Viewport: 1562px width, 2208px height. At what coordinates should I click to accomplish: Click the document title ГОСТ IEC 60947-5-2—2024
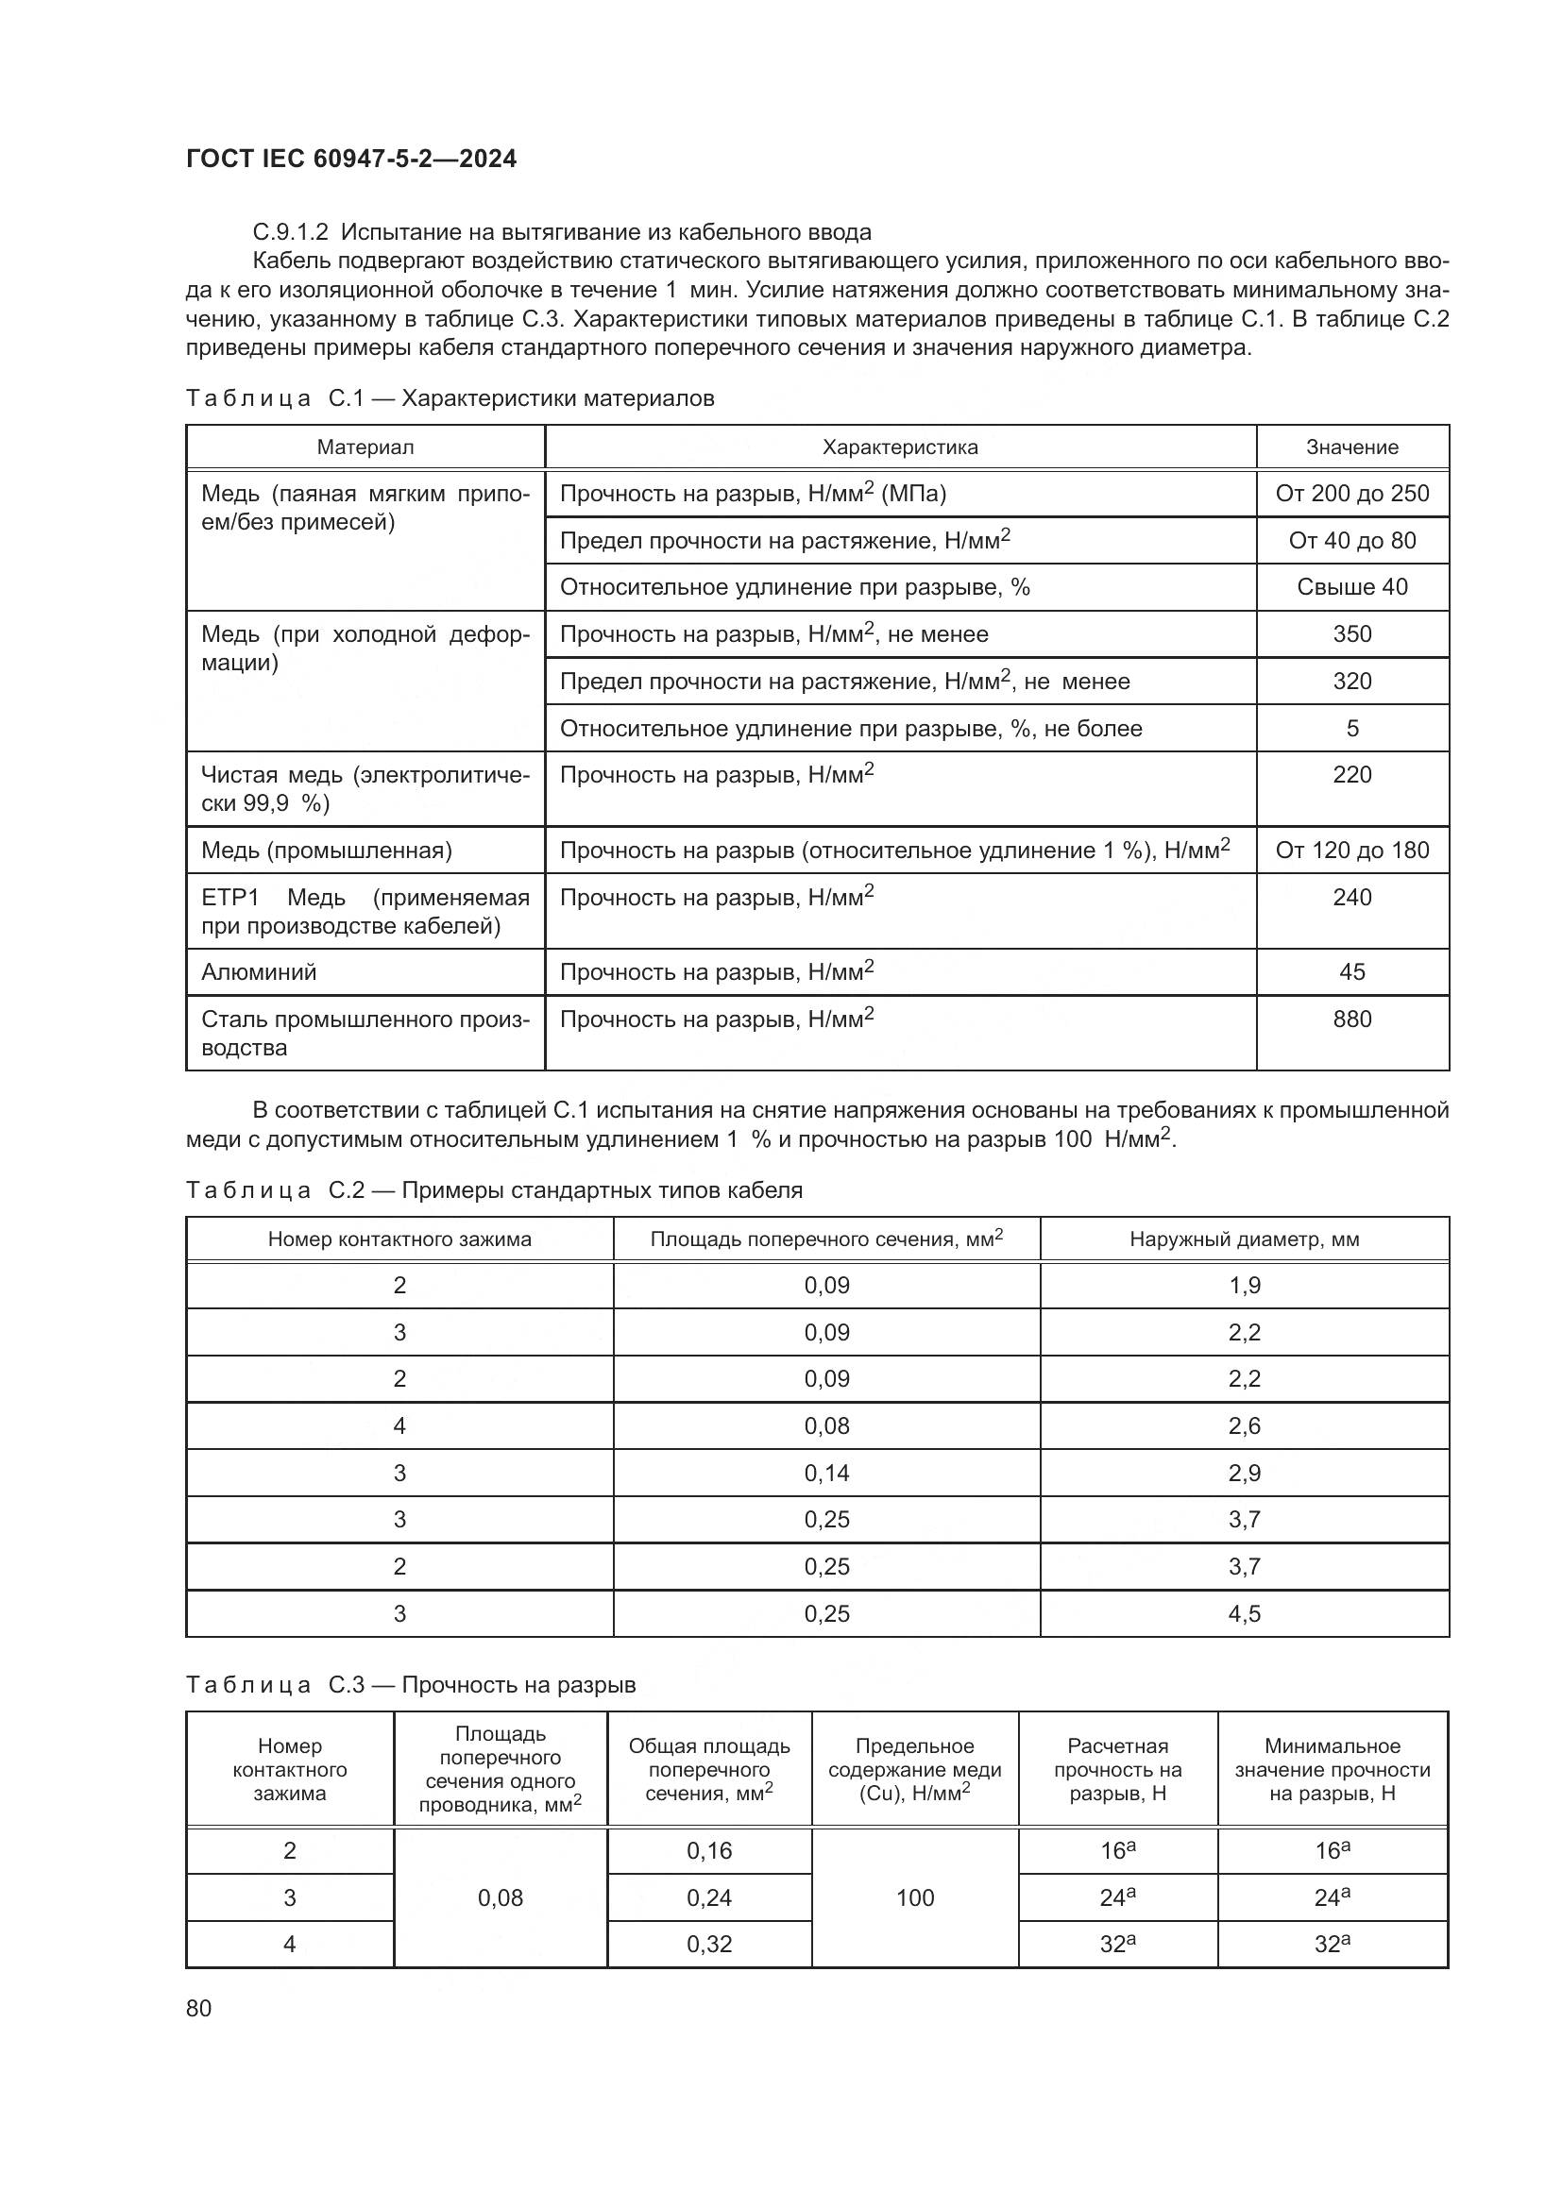pyautogui.click(x=351, y=159)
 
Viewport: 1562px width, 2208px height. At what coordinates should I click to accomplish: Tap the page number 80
pyautogui.click(x=199, y=2008)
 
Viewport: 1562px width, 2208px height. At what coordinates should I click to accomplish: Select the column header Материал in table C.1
pyautogui.click(x=365, y=447)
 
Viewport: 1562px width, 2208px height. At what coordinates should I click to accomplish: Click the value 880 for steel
pyautogui.click(x=1351, y=1020)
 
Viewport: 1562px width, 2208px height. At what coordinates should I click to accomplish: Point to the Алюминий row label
pyautogui.click(x=259, y=972)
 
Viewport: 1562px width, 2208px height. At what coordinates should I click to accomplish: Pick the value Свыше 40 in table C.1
pyautogui.click(x=1351, y=586)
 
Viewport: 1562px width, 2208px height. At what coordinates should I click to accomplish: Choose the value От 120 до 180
pyautogui.click(x=1351, y=851)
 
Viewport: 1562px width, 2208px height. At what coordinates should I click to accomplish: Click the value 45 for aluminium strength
pyautogui.click(x=1351, y=972)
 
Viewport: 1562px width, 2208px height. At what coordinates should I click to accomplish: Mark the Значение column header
pyautogui.click(x=1351, y=447)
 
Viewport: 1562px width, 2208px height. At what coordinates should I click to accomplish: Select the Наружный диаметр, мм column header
pyautogui.click(x=1244, y=1239)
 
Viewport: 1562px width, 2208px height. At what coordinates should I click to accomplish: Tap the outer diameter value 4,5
pyautogui.click(x=1244, y=1613)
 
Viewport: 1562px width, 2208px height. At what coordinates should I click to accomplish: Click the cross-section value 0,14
pyautogui.click(x=826, y=1474)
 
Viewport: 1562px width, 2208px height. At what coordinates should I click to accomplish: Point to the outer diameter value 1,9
pyautogui.click(x=1244, y=1286)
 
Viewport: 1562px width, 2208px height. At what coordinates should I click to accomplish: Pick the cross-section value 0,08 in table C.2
pyautogui.click(x=826, y=1426)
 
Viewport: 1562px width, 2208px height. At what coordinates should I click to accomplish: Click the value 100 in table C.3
pyautogui.click(x=915, y=1897)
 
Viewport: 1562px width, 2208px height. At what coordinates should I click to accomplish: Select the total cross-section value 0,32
pyautogui.click(x=709, y=1944)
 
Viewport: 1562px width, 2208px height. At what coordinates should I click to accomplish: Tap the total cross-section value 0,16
pyautogui.click(x=709, y=1850)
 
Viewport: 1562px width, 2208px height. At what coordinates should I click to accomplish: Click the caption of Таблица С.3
pyautogui.click(x=411, y=1685)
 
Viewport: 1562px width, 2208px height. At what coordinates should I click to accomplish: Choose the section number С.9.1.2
pyautogui.click(x=291, y=232)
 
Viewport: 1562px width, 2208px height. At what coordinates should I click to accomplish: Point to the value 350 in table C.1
pyautogui.click(x=1351, y=633)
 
